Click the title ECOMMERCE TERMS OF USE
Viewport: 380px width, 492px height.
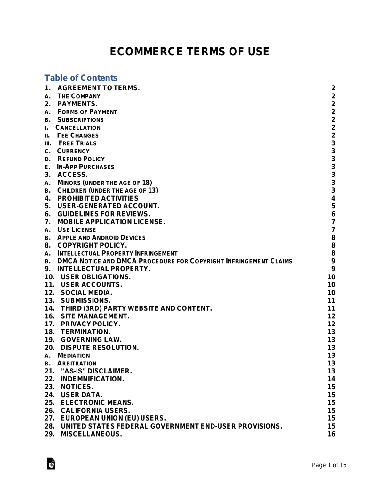pyautogui.click(x=190, y=52)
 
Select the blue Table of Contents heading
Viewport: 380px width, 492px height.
pyautogui.click(x=81, y=78)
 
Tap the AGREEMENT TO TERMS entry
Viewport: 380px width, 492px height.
pyautogui.click(x=98, y=88)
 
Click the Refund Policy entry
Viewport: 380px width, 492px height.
pyautogui.click(x=81, y=159)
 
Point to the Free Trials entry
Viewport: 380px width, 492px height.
pyautogui.click(x=77, y=143)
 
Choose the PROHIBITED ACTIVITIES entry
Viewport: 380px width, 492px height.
pyautogui.click(x=98, y=198)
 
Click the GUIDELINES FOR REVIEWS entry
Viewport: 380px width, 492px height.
pyautogui.click(x=104, y=214)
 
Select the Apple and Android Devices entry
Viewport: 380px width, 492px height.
pyautogui.click(x=101, y=238)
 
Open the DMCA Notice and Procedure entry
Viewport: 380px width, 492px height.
pyautogui.click(x=174, y=261)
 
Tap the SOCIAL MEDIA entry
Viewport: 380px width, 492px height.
pyautogui.click(x=86, y=292)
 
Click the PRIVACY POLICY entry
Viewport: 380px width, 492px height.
pyautogui.click(x=91, y=324)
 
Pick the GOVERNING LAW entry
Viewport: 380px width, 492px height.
pyautogui.click(x=91, y=340)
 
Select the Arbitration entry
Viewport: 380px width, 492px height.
pyautogui.click(x=77, y=363)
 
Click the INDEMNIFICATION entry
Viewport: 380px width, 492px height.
pyautogui.click(x=93, y=379)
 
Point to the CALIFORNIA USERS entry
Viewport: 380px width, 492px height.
pyautogui.click(x=95, y=410)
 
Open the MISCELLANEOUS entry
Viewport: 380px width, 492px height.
pyautogui.click(x=91, y=434)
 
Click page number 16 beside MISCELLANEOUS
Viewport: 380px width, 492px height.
pyautogui.click(x=331, y=434)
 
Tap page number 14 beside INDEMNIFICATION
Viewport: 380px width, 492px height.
pyautogui.click(x=331, y=379)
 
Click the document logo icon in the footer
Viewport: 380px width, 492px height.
pyautogui.click(x=51, y=463)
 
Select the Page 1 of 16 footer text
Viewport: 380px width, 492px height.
pyautogui.click(x=329, y=465)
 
